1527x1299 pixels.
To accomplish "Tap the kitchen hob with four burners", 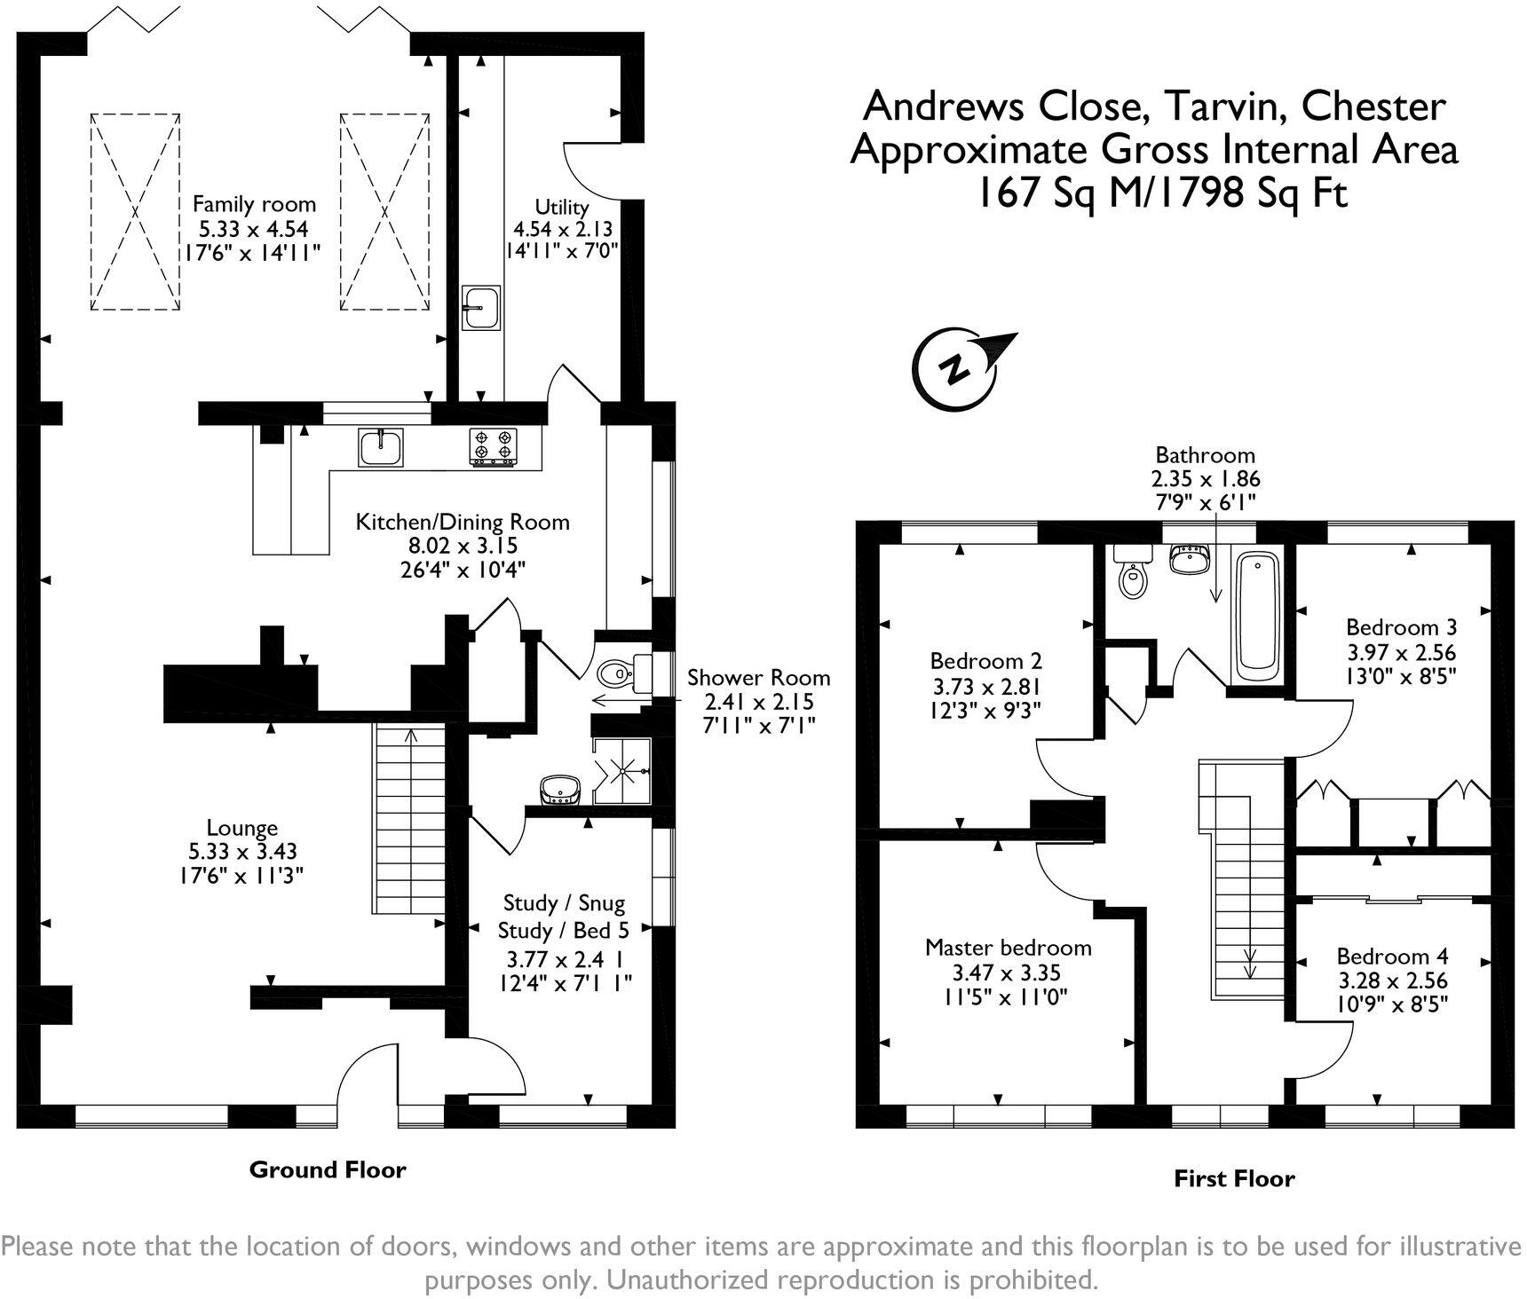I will pyautogui.click(x=494, y=446).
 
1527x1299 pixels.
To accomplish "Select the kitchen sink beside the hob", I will pyautogui.click(x=382, y=446).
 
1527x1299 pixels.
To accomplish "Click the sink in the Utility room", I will pyautogui.click(x=480, y=308).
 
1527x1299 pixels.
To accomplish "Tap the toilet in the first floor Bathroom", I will pyautogui.click(x=1132, y=575).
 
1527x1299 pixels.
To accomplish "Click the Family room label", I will pyautogui.click(x=254, y=204).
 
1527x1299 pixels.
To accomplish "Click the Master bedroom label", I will pyautogui.click(x=1008, y=948).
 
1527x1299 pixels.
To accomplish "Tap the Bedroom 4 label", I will pyautogui.click(x=1392, y=957).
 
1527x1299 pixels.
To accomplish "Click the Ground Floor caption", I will pyautogui.click(x=328, y=1169).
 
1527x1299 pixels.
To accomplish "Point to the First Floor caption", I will pyautogui.click(x=1234, y=1178).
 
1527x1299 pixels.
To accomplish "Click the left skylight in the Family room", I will pyautogui.click(x=135, y=211).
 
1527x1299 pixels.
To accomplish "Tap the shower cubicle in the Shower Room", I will pyautogui.click(x=622, y=772).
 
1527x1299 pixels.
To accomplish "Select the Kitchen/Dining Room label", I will pyautogui.click(x=463, y=522).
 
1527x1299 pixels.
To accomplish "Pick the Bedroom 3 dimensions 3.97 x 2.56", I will pyautogui.click(x=1401, y=652).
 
